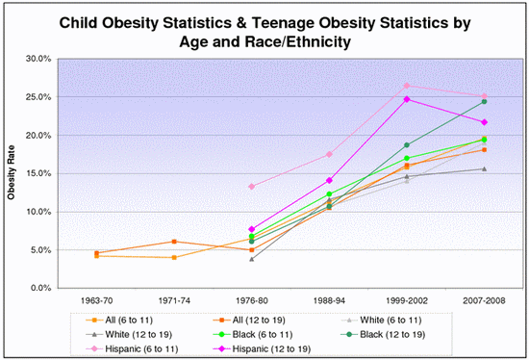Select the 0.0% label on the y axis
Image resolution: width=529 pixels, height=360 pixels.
point(38,288)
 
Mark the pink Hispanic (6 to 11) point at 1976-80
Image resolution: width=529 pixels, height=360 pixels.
point(251,187)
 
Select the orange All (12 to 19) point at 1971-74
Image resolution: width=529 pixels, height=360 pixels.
point(173,242)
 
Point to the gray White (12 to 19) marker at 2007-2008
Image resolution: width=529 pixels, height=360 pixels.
point(484,168)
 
